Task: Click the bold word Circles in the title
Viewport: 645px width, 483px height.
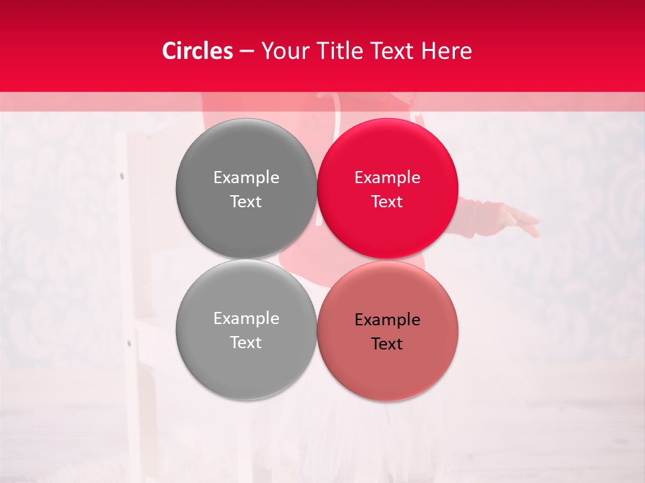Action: pos(198,51)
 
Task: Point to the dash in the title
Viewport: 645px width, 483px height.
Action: pos(247,52)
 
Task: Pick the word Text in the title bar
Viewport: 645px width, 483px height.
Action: pos(392,51)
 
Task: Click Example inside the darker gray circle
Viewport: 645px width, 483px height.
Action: pos(246,178)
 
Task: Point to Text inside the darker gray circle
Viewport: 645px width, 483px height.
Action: pos(246,201)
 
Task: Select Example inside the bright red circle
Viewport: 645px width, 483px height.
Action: pos(387,178)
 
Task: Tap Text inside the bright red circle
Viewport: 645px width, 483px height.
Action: pos(387,201)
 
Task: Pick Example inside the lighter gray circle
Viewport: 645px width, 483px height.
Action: pos(246,319)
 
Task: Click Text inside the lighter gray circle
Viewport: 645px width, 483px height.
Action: pos(246,342)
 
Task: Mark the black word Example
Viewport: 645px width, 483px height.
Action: pos(387,320)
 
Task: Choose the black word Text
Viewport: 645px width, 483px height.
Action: pos(387,343)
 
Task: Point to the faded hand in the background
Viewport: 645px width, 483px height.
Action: pos(521,221)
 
